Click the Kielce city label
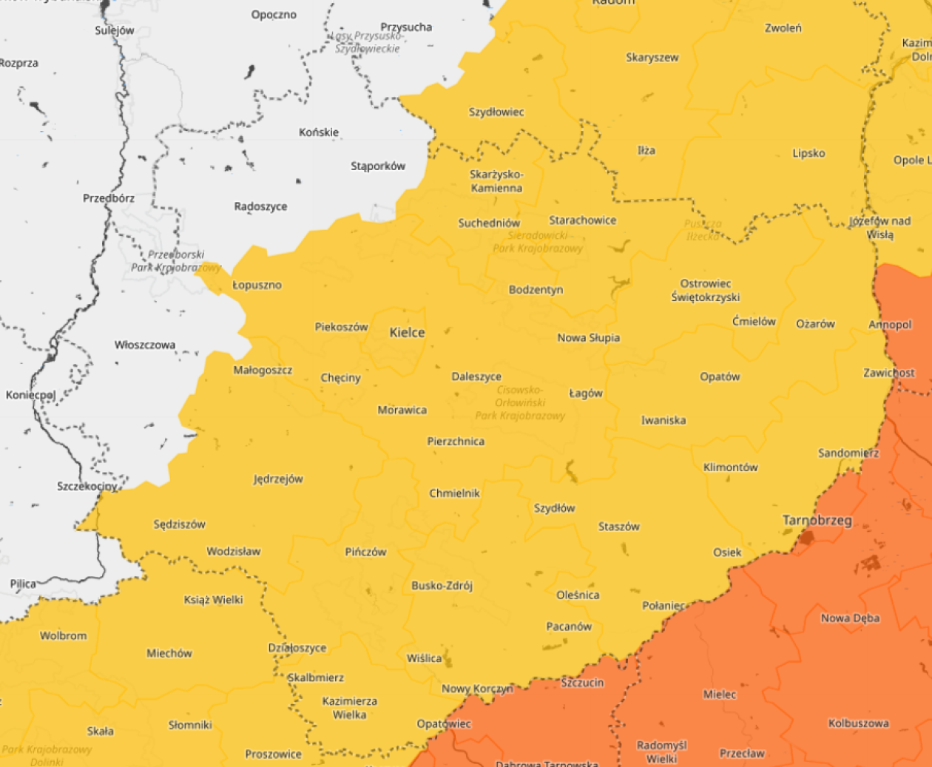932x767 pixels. (407, 333)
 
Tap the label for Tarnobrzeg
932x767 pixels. (817, 521)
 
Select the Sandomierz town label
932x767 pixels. (848, 453)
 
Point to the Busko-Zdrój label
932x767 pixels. (442, 586)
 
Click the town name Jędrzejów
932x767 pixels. (278, 479)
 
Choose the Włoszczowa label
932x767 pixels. (145, 345)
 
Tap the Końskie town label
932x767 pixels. (319, 132)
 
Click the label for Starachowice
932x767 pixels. (582, 220)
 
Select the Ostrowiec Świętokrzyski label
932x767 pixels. (705, 291)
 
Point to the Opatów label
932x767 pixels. (720, 376)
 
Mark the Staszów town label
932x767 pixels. (618, 527)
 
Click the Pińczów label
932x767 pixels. (365, 552)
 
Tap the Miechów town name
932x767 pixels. (169, 653)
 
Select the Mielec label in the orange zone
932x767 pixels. (719, 695)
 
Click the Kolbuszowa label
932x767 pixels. (858, 723)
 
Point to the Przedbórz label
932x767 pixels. (109, 198)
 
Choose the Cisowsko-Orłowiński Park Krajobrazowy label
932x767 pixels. (520, 402)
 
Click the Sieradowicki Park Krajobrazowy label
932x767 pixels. (538, 242)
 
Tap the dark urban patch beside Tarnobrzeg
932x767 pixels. (806, 538)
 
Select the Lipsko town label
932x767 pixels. (808, 154)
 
